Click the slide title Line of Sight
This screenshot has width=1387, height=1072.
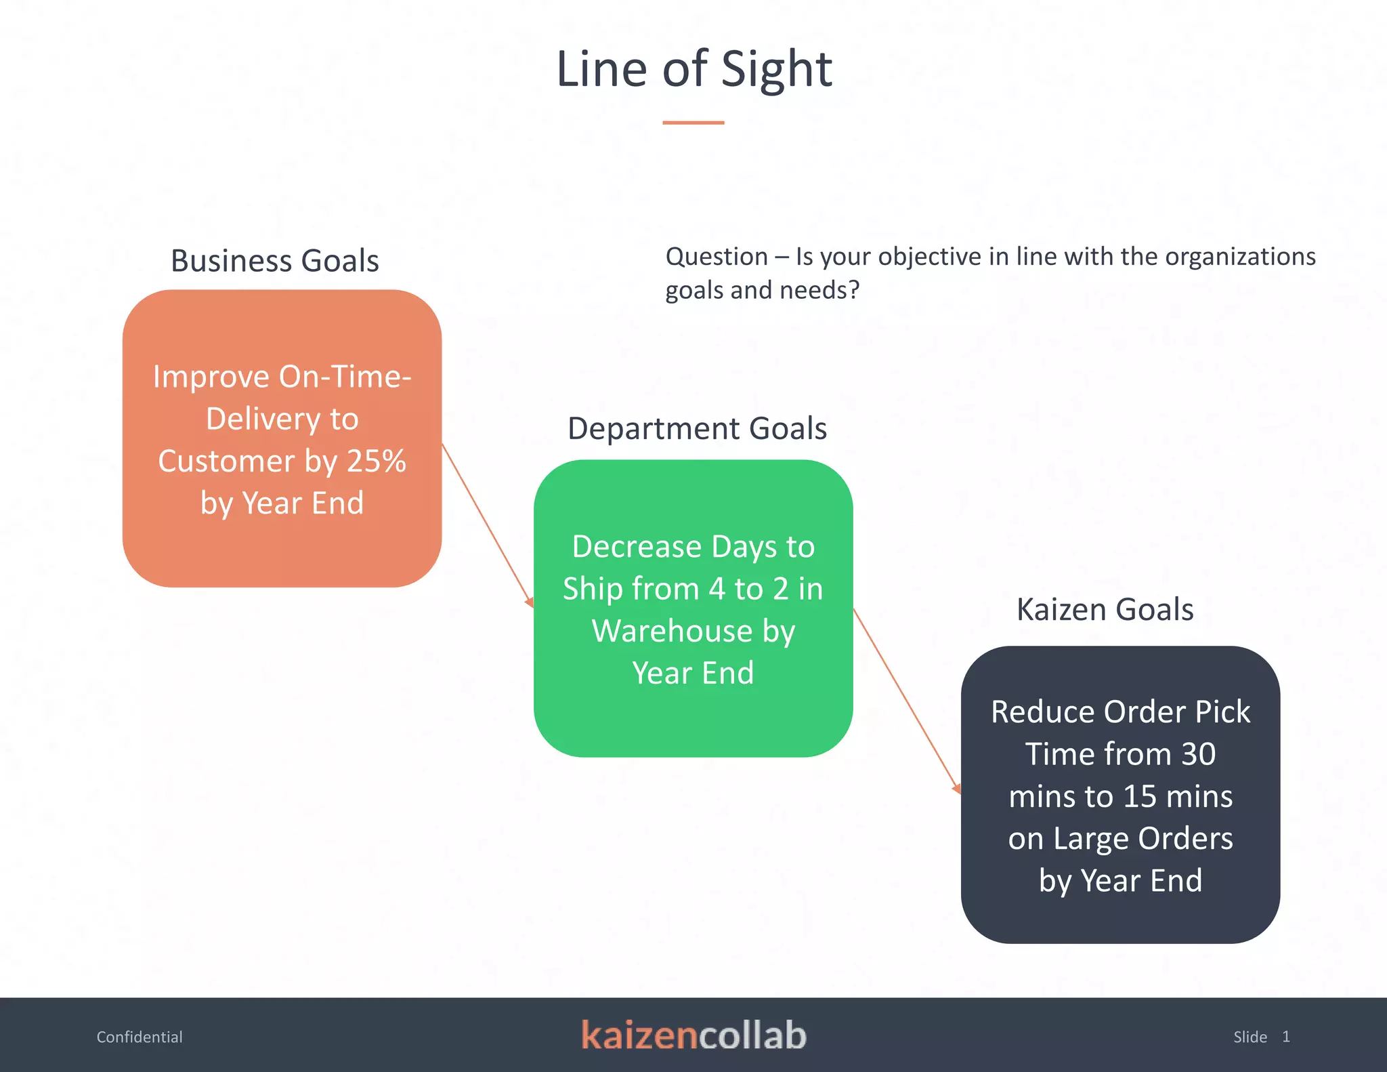pyautogui.click(x=693, y=69)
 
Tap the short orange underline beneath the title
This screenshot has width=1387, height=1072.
pyautogui.click(x=693, y=123)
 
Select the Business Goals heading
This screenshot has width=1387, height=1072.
pyautogui.click(x=274, y=261)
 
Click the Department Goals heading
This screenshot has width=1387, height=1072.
pyautogui.click(x=697, y=429)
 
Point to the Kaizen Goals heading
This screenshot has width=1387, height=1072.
pyautogui.click(x=1105, y=610)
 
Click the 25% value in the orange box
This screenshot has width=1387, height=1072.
pyautogui.click(x=377, y=461)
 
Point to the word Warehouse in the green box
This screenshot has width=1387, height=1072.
pyautogui.click(x=672, y=632)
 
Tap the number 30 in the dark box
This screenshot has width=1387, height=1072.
pyautogui.click(x=1198, y=754)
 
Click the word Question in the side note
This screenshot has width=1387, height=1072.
pyautogui.click(x=717, y=257)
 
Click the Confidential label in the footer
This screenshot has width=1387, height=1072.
pyautogui.click(x=140, y=1037)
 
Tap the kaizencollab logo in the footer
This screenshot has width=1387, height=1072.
pyautogui.click(x=693, y=1035)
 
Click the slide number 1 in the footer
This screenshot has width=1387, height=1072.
pyautogui.click(x=1285, y=1037)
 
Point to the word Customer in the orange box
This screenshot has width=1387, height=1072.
pyautogui.click(x=226, y=461)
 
